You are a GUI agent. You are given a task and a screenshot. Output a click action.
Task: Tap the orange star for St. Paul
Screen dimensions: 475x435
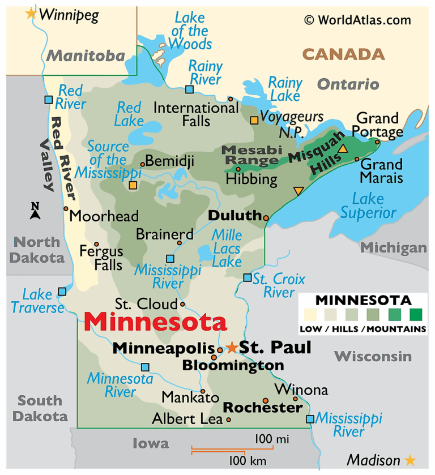[x=232, y=347]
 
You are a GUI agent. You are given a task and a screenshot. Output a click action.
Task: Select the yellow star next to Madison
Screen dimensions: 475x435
[x=410, y=460]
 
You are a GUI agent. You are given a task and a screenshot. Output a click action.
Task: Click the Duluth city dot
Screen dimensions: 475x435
[x=266, y=217]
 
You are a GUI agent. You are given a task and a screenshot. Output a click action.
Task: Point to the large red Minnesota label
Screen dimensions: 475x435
[x=155, y=322]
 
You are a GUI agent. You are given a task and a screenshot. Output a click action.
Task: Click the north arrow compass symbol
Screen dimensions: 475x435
[x=35, y=211]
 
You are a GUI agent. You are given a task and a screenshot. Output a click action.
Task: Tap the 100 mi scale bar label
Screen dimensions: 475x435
[x=271, y=439]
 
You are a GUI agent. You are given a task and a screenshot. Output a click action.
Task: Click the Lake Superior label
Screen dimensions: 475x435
[x=368, y=206]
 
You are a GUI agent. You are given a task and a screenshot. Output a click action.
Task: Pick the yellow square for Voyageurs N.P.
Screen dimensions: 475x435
[x=254, y=120]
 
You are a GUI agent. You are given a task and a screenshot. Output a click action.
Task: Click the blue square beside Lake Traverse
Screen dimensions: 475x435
[x=62, y=292]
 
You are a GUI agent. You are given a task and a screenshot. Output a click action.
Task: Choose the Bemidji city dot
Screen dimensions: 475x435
[x=142, y=165]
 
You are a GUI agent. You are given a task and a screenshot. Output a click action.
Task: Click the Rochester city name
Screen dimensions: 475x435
[x=262, y=408]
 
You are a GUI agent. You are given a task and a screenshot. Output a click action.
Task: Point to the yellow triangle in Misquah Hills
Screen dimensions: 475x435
[x=343, y=149]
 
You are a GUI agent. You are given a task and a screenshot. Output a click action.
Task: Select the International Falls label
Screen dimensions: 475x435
[x=189, y=114]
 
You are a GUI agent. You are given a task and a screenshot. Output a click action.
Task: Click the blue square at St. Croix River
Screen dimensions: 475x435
[x=247, y=277]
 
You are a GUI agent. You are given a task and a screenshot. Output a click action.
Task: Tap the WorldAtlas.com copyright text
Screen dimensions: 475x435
[x=357, y=20]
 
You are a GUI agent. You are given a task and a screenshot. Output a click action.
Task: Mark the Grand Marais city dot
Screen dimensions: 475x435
[x=357, y=159]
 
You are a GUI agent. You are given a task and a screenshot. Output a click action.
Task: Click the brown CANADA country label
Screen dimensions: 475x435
[x=343, y=55]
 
